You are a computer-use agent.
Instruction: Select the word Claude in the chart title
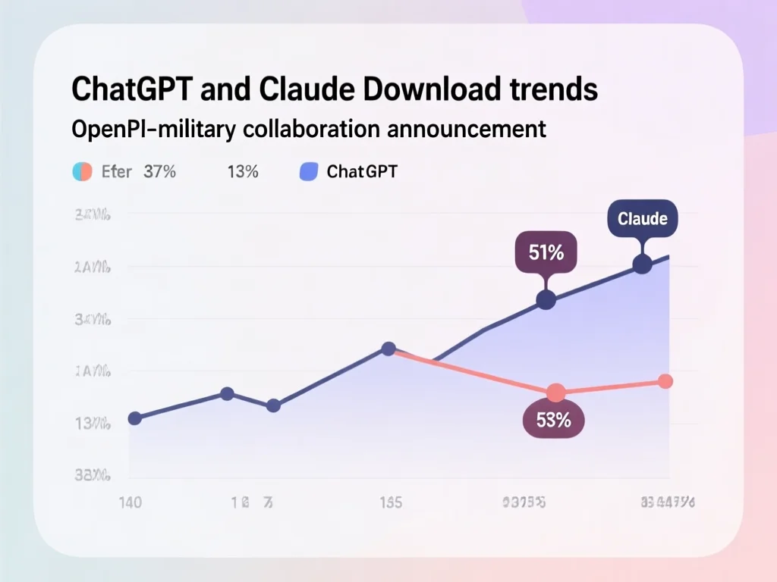click(x=298, y=89)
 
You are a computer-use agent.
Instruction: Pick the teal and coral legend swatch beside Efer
click(x=82, y=171)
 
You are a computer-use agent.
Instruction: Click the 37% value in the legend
click(x=159, y=171)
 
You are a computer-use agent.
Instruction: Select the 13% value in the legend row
click(x=242, y=171)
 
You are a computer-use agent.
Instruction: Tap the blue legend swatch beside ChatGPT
click(x=308, y=171)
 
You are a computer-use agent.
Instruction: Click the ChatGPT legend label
click(x=362, y=171)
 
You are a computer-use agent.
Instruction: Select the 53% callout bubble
click(x=554, y=421)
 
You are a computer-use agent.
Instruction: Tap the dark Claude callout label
click(x=643, y=219)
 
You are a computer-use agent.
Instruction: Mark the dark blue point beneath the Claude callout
click(x=642, y=264)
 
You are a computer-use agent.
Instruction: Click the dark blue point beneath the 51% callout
click(x=546, y=300)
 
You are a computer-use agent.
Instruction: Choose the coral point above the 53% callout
click(x=556, y=393)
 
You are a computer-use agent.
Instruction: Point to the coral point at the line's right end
click(x=665, y=381)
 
